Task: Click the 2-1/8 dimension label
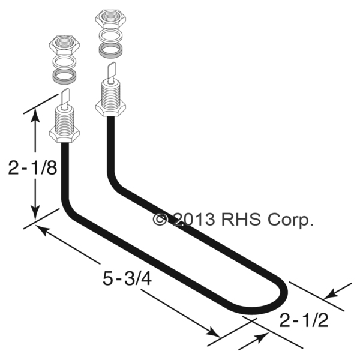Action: coord(32,167)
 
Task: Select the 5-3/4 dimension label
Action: coord(127,278)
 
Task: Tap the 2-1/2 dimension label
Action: coord(304,320)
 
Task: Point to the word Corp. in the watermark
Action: coord(290,221)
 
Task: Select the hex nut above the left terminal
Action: coord(65,45)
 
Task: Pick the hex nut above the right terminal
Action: coord(110,19)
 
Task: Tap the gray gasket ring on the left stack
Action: coord(65,77)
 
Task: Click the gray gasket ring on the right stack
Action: coord(110,50)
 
